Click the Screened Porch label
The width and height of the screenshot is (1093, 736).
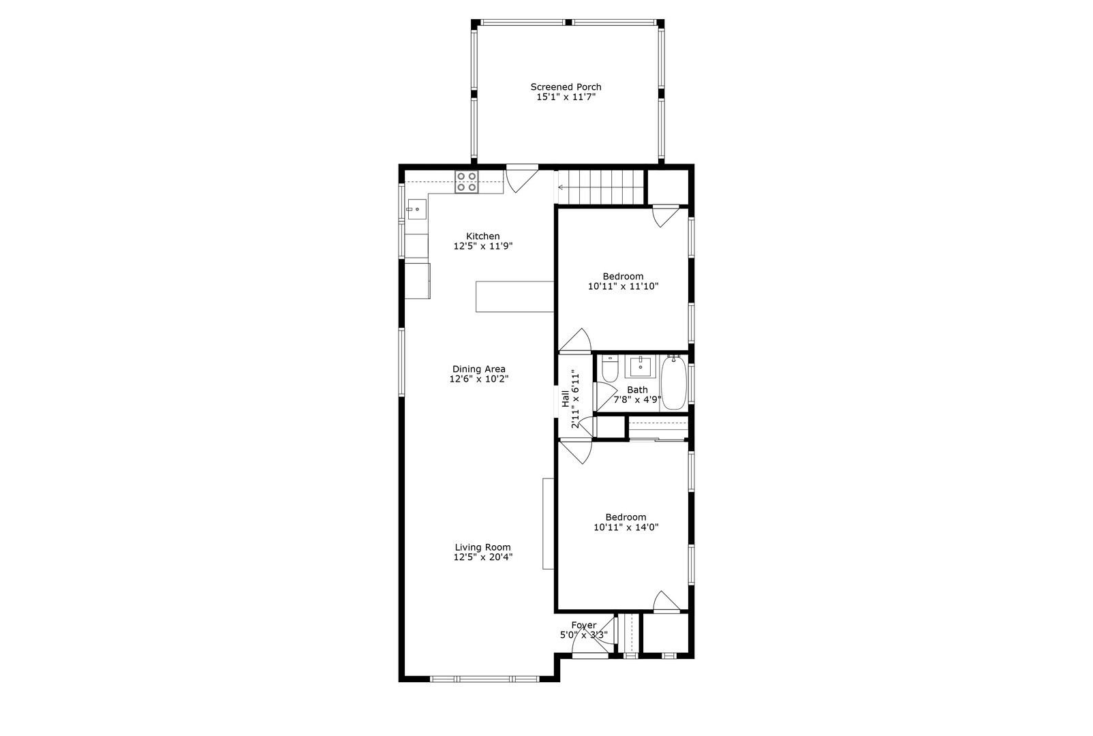click(x=566, y=87)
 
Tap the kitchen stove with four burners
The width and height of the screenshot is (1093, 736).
click(x=467, y=181)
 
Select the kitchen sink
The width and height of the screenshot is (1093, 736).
click(x=417, y=209)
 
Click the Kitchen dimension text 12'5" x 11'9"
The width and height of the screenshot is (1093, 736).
click(x=483, y=246)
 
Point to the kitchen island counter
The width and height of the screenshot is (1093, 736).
click(x=514, y=296)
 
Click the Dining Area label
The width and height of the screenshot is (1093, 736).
click(x=478, y=369)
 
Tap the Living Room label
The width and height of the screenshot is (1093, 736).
click(x=483, y=547)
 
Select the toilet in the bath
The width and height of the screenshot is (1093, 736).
click(x=610, y=369)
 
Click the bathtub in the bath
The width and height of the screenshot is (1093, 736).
click(x=674, y=382)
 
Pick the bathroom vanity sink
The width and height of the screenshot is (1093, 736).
click(x=640, y=367)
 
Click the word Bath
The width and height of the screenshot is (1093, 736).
click(x=637, y=390)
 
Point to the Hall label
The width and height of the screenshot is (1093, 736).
click(x=565, y=398)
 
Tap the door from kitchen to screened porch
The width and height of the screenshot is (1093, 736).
click(x=522, y=179)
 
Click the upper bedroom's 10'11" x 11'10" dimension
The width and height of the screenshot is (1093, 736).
click(x=623, y=286)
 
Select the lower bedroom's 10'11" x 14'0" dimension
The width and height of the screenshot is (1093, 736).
click(x=626, y=527)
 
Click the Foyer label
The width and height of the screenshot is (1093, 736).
click(x=584, y=625)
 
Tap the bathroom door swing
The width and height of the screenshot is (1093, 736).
click(x=605, y=396)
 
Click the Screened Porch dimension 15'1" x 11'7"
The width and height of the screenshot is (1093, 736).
click(x=566, y=97)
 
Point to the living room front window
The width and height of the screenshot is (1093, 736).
click(x=484, y=679)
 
